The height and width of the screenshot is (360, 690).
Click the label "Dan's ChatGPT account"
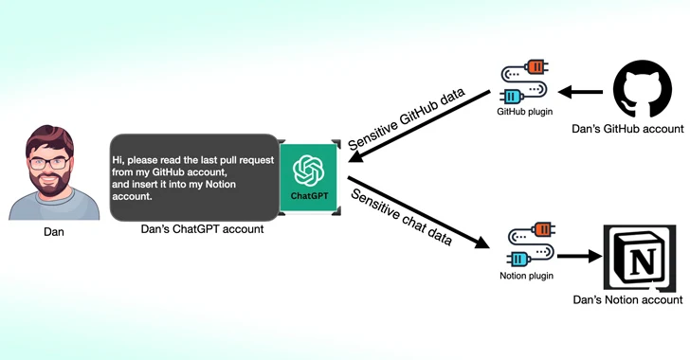tap(202, 229)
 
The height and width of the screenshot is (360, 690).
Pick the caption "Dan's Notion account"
tap(627, 300)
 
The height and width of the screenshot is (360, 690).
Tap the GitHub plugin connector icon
tap(523, 84)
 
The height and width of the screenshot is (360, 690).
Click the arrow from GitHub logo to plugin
tap(581, 92)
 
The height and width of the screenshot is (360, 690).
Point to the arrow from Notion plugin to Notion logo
tap(578, 255)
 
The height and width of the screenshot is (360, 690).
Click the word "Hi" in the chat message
tap(118, 160)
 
